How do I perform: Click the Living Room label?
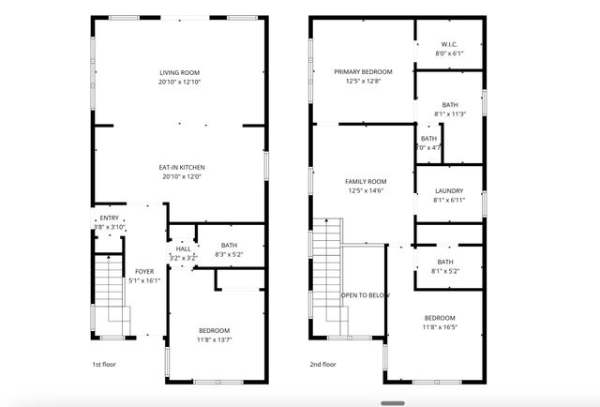[x=179, y=73]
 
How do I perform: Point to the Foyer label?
[x=143, y=271]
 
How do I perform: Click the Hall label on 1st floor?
[x=183, y=249]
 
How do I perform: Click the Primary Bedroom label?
[x=363, y=72]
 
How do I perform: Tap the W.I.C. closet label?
[x=449, y=45]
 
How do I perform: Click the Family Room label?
[x=366, y=181]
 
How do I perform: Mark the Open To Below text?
[x=365, y=295]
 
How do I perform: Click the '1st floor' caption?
[x=104, y=365]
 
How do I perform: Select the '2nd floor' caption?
[x=322, y=365]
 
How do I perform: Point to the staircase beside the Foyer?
[x=110, y=291]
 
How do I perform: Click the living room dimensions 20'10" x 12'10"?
[x=179, y=83]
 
